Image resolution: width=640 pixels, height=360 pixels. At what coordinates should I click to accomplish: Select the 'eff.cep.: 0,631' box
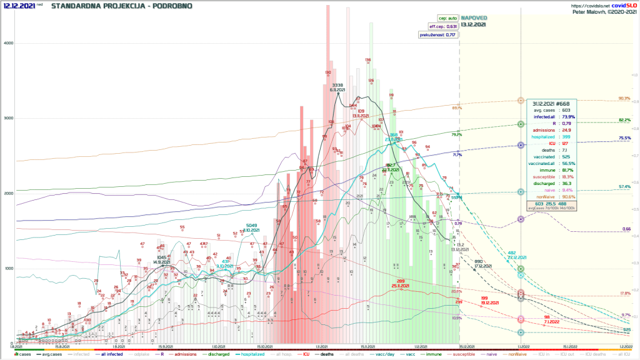[441, 26]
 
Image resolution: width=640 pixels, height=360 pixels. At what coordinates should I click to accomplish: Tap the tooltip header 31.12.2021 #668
[551, 102]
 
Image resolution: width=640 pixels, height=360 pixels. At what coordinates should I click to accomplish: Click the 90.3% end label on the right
[624, 98]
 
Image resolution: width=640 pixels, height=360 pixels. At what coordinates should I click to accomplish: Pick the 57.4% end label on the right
[624, 187]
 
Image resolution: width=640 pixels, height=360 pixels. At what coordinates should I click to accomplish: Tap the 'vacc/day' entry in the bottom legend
[371, 354]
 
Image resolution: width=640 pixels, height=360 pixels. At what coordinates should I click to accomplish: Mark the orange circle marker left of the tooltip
[521, 100]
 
